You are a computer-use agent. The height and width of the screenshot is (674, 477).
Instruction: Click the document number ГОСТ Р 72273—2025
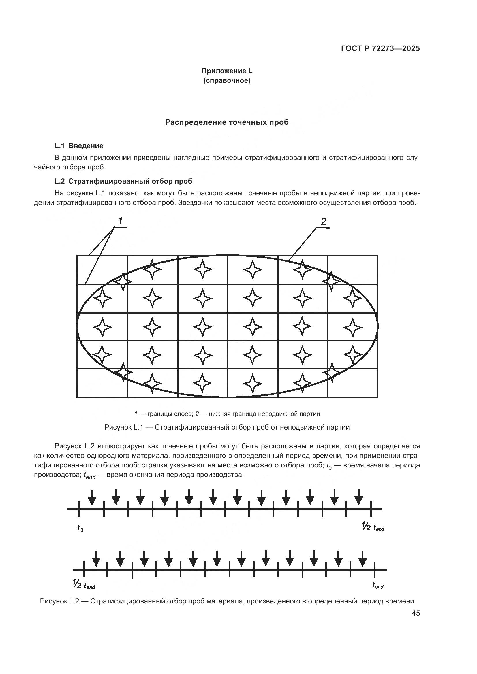click(380, 49)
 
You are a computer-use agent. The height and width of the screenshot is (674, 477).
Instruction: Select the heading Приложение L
click(227, 71)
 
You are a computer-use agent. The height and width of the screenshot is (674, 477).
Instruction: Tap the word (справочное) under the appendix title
click(227, 80)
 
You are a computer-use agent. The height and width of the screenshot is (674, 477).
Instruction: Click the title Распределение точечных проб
click(227, 122)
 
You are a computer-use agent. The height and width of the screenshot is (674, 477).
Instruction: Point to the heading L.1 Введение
click(79, 146)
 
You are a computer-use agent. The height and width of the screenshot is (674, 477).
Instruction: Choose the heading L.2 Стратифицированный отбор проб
click(123, 181)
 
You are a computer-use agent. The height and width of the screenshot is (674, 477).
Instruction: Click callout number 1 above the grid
click(120, 221)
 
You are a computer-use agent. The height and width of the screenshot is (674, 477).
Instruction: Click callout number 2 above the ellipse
click(324, 221)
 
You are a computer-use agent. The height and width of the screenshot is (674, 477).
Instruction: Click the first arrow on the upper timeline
click(92, 497)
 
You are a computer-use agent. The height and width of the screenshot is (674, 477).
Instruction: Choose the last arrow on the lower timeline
click(363, 558)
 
